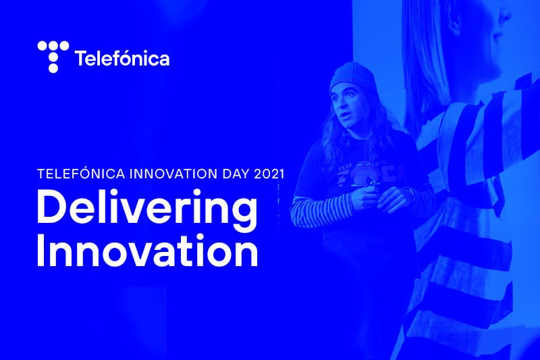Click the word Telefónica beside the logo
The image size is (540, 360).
pos(122,59)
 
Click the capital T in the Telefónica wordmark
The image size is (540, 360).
pos(80,59)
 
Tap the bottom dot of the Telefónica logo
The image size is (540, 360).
pos(53,68)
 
